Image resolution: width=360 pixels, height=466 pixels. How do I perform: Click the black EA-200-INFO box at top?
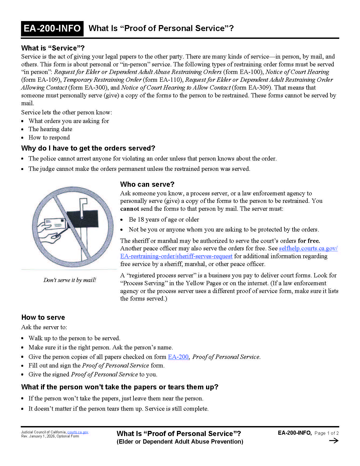52,29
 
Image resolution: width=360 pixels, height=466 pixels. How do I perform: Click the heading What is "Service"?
53,48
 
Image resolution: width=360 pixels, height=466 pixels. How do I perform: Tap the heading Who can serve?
147,184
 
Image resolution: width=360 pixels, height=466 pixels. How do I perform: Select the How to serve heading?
43,317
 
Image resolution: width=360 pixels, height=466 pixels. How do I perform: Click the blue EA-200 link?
178,357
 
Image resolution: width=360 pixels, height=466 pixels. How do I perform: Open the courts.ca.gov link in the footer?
78,432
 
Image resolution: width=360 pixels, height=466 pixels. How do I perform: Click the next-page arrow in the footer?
334,441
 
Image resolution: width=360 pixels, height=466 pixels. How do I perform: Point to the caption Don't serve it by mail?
70,280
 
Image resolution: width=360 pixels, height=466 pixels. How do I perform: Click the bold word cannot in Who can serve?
129,209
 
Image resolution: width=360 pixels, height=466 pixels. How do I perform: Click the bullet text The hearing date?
50,129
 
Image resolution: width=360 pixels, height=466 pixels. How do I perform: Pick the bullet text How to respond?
49,137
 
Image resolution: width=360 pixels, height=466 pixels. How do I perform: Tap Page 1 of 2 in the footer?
326,433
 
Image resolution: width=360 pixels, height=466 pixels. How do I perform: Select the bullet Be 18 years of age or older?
164,219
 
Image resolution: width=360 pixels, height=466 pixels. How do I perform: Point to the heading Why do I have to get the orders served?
88,148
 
